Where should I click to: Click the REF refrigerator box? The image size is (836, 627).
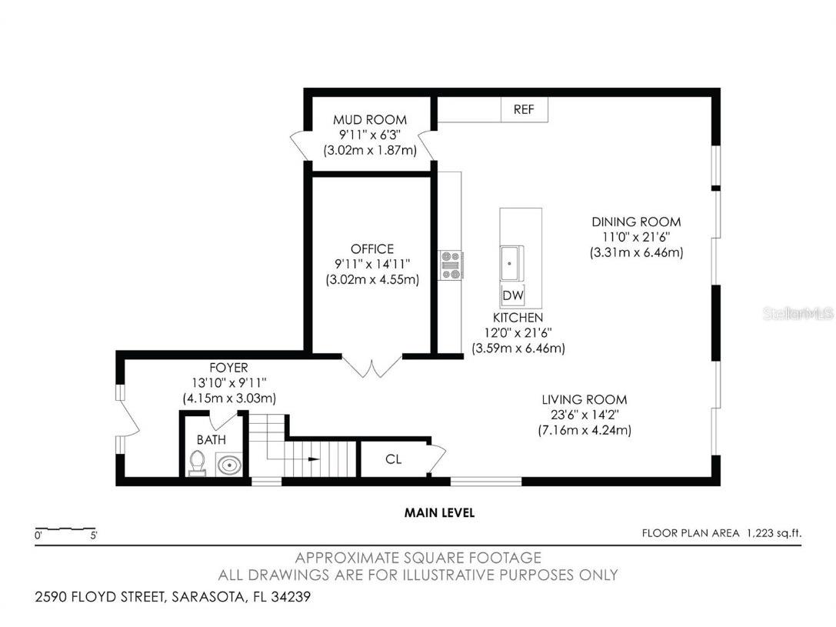point(524,110)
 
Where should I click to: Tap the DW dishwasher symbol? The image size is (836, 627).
point(512,295)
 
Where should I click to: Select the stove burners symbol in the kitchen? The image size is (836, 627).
point(450,265)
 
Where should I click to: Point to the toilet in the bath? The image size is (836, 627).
point(198,463)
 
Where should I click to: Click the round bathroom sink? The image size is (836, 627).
point(228,465)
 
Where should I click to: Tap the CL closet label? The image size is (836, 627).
point(393,460)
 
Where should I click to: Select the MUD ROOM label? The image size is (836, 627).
point(369,120)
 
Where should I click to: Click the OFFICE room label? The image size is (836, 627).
point(372,249)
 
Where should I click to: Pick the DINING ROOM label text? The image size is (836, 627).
point(636,222)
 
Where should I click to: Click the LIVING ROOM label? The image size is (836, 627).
point(585,400)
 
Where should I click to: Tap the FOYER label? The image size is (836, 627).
point(229,368)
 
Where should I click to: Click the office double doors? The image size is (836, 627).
point(372,367)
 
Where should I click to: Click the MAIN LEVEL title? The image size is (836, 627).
point(440,513)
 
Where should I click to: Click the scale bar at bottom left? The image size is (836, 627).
point(65,530)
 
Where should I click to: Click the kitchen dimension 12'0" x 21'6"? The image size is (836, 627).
point(518,333)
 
